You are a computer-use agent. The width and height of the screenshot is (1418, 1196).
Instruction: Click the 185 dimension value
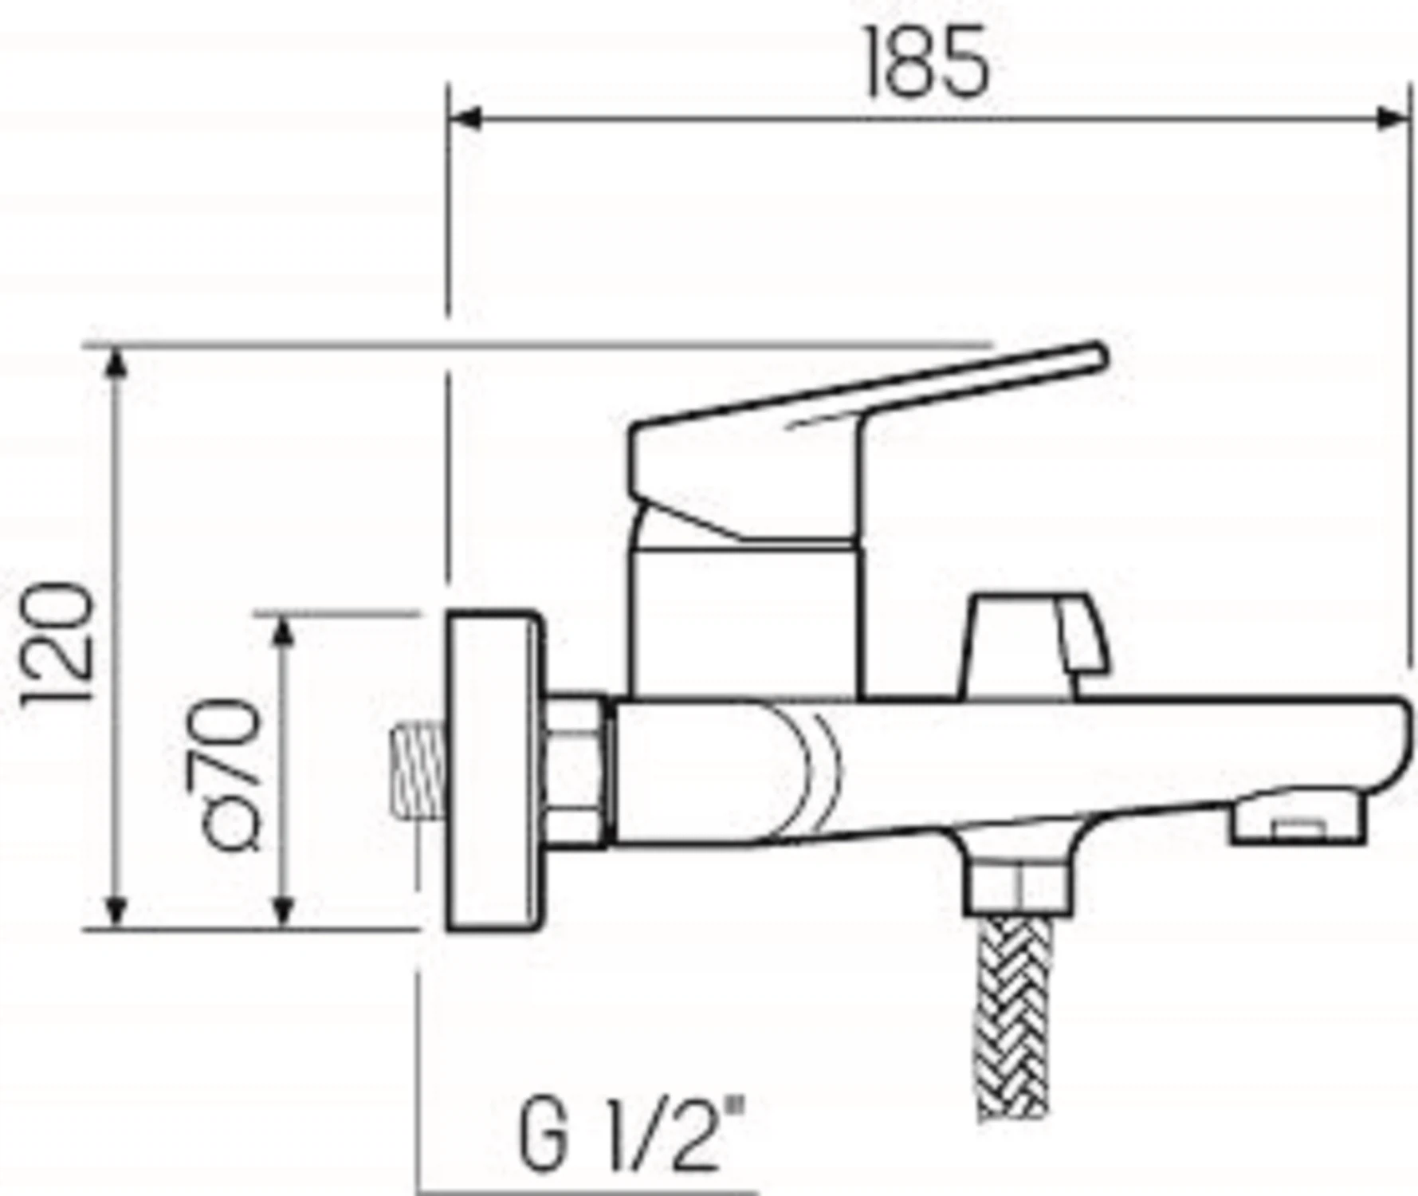pos(927,61)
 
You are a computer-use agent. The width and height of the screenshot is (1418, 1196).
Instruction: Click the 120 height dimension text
pos(58,644)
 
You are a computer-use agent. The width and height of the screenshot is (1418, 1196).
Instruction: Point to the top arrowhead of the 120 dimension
pos(116,365)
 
